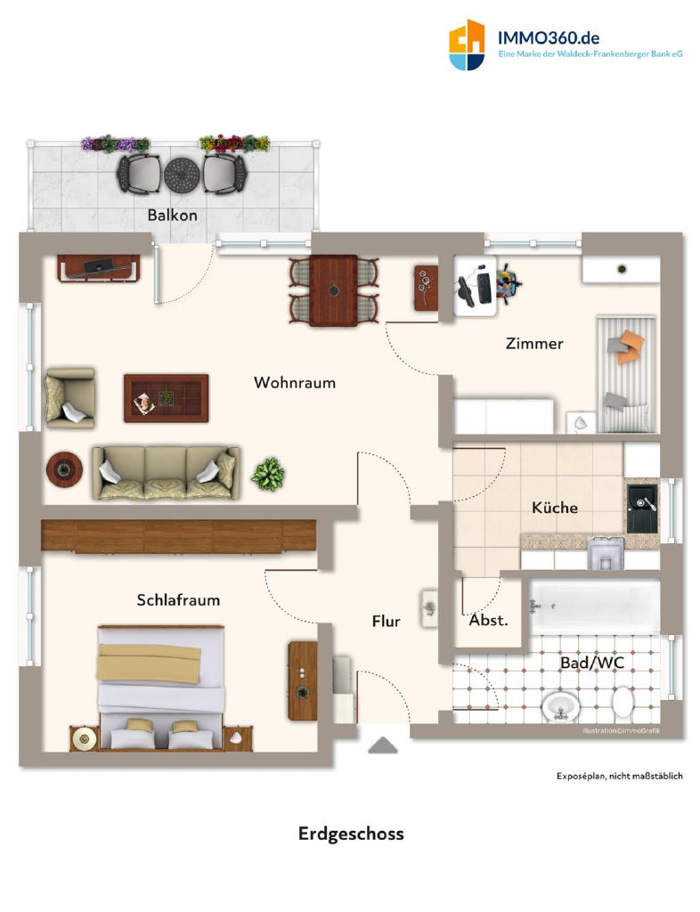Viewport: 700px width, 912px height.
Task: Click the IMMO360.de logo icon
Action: click(467, 45)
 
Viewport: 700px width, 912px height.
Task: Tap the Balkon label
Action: click(172, 216)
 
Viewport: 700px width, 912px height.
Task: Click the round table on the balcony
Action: click(182, 174)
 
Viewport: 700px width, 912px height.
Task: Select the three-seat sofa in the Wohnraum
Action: click(166, 473)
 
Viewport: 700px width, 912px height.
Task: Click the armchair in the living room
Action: click(69, 398)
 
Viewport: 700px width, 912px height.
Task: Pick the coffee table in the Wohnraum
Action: click(167, 398)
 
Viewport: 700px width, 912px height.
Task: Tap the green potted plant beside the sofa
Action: click(268, 474)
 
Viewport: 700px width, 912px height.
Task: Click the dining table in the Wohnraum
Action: click(334, 290)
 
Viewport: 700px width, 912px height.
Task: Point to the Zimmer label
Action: click(534, 344)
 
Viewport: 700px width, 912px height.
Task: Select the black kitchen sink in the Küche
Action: click(642, 509)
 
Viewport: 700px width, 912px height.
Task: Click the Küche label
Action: click(555, 508)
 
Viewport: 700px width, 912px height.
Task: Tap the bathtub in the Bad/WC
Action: click(594, 607)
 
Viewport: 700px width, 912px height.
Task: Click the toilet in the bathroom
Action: click(623, 702)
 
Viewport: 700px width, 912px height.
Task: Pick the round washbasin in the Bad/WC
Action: click(560, 707)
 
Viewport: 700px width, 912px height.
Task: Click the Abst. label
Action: click(488, 620)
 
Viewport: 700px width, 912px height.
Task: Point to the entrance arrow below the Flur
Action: click(383, 745)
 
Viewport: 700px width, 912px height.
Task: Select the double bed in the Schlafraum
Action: click(161, 687)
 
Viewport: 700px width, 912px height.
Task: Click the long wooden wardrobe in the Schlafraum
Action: click(178, 535)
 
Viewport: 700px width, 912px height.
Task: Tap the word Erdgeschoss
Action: click(351, 834)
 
